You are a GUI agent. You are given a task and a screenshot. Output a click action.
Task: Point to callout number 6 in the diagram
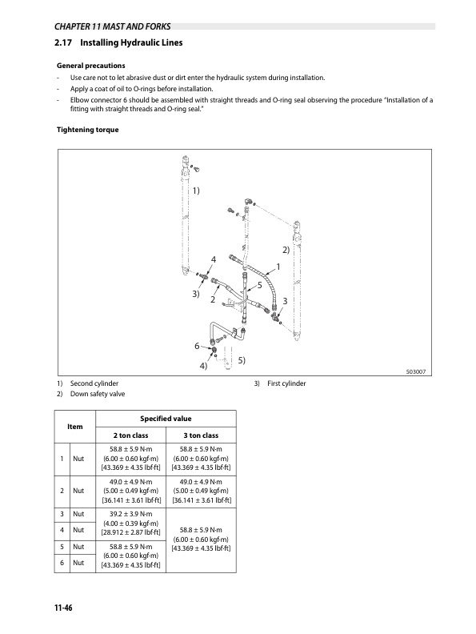tap(197, 346)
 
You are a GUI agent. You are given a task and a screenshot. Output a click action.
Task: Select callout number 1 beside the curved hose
tap(278, 267)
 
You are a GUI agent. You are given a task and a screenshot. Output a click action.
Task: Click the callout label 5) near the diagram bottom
tap(240, 361)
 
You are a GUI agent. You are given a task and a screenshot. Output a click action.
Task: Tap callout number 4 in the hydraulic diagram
tap(214, 258)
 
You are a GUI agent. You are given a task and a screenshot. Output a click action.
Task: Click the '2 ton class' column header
tap(130, 435)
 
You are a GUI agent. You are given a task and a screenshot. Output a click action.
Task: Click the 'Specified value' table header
tap(166, 418)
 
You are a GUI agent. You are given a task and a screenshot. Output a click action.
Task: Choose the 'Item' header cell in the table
tap(75, 427)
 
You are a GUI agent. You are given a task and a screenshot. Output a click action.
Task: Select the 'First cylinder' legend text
tap(286, 383)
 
